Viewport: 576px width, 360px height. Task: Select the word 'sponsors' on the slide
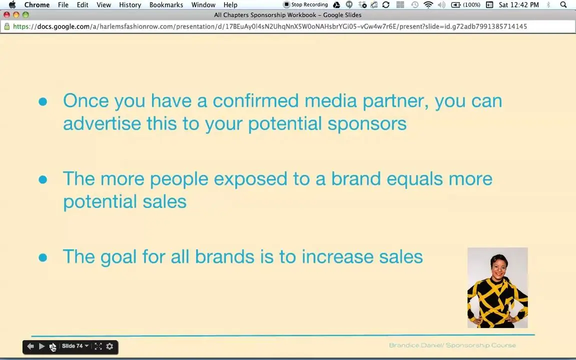[x=367, y=124]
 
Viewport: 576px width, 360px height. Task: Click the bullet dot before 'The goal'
[x=43, y=257]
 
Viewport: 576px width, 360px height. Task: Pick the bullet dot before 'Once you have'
[x=43, y=101]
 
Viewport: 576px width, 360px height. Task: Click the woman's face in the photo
[x=499, y=266]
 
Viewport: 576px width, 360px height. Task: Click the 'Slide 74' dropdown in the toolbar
[x=75, y=346]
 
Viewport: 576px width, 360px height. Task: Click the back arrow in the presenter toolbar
[x=30, y=346]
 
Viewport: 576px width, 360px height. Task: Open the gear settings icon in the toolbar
[x=109, y=346]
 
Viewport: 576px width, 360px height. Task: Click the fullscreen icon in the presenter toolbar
[x=98, y=346]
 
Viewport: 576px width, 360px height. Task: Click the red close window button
[x=6, y=15]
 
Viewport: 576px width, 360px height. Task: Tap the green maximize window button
[x=25, y=15]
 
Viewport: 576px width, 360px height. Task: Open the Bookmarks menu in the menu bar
[x=166, y=5]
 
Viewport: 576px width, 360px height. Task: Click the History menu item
[x=130, y=5]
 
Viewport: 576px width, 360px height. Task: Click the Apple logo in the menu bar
[x=12, y=5]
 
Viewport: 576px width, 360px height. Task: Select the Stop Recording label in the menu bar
[x=309, y=5]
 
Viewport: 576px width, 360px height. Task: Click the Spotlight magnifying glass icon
[x=563, y=5]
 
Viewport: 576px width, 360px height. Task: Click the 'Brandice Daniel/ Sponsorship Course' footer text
[x=452, y=345]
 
